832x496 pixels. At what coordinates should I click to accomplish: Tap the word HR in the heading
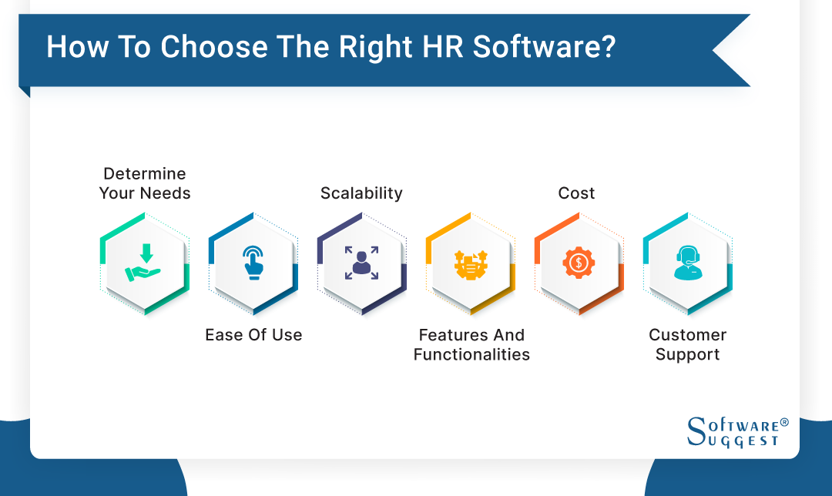click(439, 47)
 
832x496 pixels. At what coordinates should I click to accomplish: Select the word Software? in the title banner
click(544, 47)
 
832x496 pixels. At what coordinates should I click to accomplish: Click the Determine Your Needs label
click(145, 183)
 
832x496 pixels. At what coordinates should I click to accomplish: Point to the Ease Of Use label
click(253, 335)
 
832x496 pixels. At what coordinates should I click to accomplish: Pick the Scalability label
click(361, 193)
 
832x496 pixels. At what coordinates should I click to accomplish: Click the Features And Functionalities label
click(471, 344)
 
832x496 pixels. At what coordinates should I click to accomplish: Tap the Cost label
click(576, 193)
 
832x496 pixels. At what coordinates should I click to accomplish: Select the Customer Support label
click(687, 344)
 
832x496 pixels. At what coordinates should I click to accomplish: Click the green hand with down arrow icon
click(144, 263)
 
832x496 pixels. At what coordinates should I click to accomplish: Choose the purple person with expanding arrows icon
click(361, 263)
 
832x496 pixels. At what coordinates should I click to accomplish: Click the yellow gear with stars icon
click(470, 263)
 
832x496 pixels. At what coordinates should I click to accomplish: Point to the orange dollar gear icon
click(579, 263)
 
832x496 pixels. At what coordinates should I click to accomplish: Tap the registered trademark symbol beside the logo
click(784, 423)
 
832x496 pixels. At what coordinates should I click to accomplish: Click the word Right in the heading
click(376, 47)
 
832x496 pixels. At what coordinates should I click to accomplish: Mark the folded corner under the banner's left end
click(24, 91)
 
